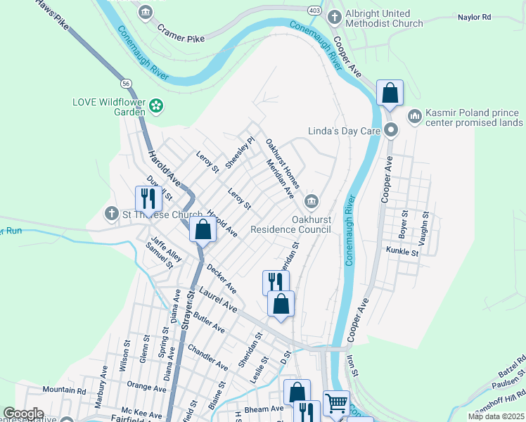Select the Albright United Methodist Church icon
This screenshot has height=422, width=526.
[335, 16]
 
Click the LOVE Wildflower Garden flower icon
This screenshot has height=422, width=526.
[156, 106]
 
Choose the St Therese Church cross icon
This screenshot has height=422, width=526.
[111, 213]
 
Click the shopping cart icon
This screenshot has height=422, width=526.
[336, 402]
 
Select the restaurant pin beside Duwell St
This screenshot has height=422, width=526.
[146, 198]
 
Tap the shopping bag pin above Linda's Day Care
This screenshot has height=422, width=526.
[390, 92]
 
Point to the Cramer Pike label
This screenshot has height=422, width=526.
[181, 33]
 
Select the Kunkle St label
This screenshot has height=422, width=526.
[402, 251]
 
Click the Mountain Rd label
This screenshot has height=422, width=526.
[64, 390]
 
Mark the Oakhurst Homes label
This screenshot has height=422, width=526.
[282, 163]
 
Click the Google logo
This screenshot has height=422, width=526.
[24, 414]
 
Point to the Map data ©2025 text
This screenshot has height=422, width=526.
[496, 416]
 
